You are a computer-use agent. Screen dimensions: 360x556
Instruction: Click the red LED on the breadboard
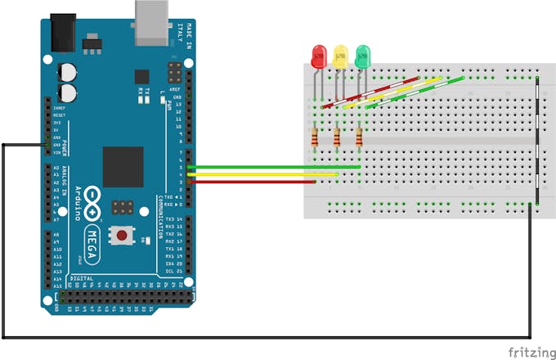pyautogui.click(x=319, y=56)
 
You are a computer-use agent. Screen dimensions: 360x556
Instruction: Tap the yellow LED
pyautogui.click(x=340, y=56)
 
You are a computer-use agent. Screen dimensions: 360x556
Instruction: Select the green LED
pyautogui.click(x=362, y=56)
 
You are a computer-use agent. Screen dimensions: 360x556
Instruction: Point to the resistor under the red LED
pyautogui.click(x=316, y=137)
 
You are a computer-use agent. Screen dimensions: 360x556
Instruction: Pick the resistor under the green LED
pyautogui.click(x=360, y=137)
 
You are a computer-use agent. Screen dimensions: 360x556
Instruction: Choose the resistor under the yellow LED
pyautogui.click(x=338, y=137)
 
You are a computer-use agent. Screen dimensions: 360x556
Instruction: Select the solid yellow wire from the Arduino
pyautogui.click(x=262, y=174)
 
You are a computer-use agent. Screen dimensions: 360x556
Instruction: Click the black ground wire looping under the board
pyautogui.click(x=245, y=336)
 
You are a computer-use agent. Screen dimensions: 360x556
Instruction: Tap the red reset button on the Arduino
pyautogui.click(x=122, y=236)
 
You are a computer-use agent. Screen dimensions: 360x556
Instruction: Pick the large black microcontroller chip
pyautogui.click(x=123, y=167)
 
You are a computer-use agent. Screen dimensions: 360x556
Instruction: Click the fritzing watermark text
pyautogui.click(x=527, y=351)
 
